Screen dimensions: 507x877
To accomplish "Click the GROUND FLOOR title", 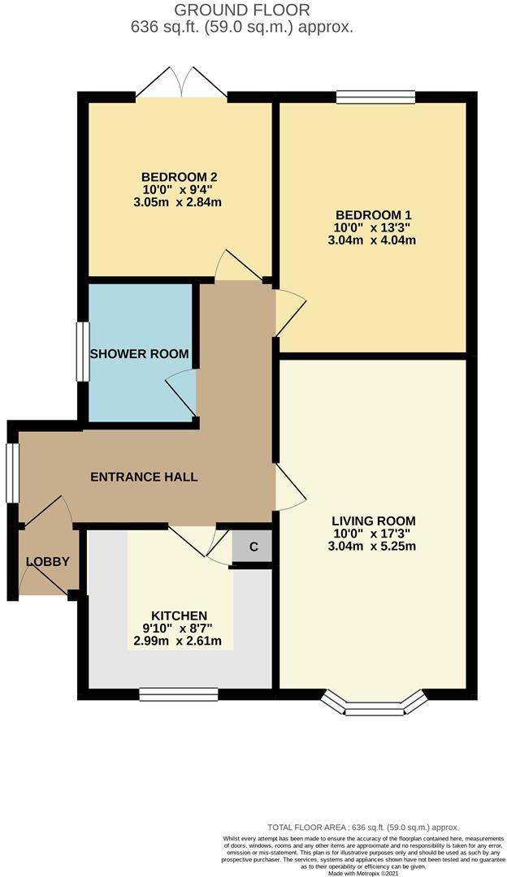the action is (x=242, y=10).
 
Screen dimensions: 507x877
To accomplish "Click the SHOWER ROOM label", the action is (x=139, y=353).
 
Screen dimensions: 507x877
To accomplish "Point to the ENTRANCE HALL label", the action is (x=144, y=477).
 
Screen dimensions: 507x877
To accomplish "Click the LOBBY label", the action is (x=48, y=562).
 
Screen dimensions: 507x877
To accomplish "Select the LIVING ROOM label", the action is (x=372, y=521).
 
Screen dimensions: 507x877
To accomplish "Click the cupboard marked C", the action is (x=253, y=547).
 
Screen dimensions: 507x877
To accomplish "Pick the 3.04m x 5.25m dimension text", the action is (x=372, y=547).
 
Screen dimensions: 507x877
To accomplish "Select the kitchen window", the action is (x=179, y=694).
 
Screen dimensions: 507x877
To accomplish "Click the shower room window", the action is (x=83, y=352).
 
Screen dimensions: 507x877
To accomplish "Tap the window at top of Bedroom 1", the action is (x=376, y=97).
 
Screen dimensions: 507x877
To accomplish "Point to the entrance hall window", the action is (x=12, y=473).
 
